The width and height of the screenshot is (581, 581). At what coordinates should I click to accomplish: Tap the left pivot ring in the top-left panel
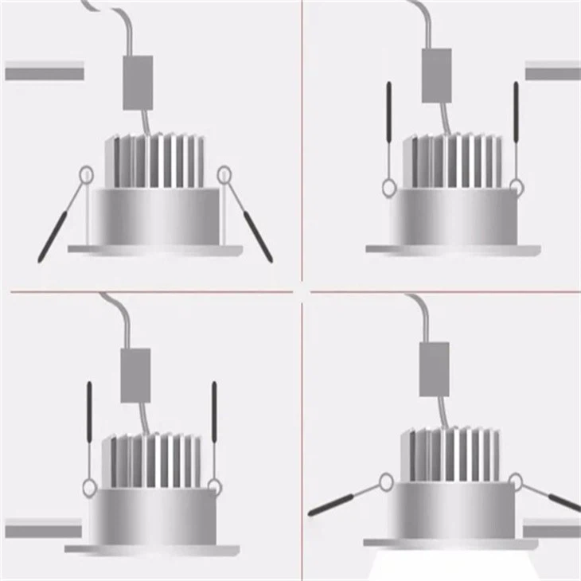(85, 174)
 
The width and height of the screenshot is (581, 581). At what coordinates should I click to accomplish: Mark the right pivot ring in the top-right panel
(517, 189)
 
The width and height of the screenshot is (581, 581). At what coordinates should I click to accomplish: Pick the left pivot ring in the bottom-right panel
(387, 481)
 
